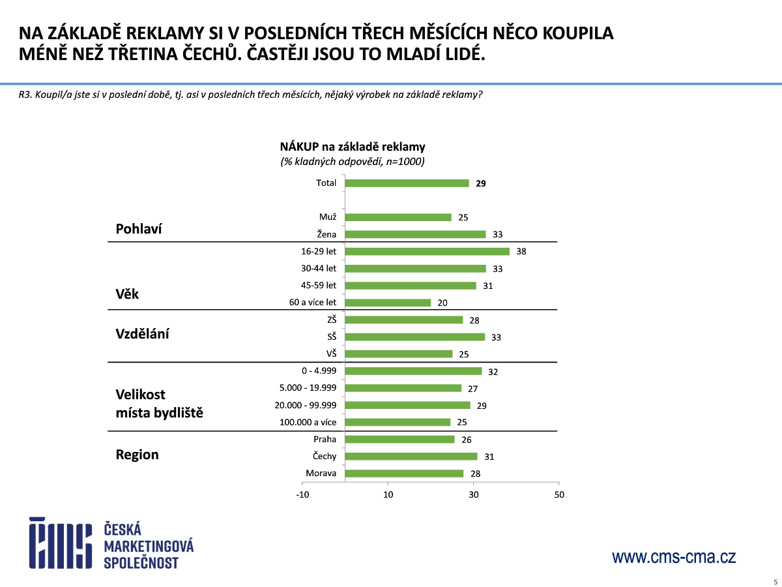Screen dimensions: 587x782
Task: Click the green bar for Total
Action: pos(407,183)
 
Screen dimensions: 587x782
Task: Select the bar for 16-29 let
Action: pos(427,251)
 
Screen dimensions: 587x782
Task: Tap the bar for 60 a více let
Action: pos(388,303)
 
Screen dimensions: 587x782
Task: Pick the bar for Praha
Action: pos(399,440)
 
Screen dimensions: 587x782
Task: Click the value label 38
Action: pos(521,251)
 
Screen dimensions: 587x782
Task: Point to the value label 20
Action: pos(443,303)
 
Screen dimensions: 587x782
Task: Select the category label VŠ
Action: pos(331,354)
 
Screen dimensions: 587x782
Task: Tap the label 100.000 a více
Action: pos(308,422)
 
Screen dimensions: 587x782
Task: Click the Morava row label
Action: pos(321,474)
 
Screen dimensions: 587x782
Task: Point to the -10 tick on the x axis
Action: pos(302,494)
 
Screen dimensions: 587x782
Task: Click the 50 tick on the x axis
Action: pos(558,494)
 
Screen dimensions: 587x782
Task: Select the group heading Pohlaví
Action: pos(139,229)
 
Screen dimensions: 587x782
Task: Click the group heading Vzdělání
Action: pos(142,333)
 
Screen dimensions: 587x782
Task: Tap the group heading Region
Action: pos(137,455)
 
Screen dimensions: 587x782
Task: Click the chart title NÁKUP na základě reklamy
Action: pos(353,147)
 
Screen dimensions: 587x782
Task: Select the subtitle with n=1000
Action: pos(353,162)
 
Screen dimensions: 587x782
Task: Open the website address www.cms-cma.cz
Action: pos(674,557)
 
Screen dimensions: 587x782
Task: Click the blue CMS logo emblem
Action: pos(60,543)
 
